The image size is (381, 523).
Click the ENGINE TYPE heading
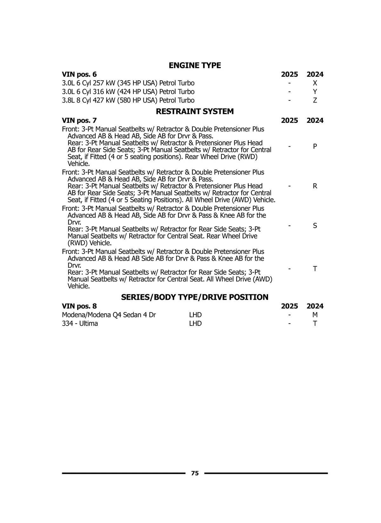(x=195, y=65)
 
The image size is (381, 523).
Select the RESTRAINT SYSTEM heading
(x=195, y=111)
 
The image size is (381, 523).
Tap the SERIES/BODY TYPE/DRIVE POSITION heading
(x=195, y=297)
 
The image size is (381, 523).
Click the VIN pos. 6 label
(x=79, y=74)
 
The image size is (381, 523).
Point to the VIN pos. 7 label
(x=79, y=120)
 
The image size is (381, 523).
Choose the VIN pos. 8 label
(x=79, y=306)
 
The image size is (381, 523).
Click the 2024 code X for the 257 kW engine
(x=315, y=83)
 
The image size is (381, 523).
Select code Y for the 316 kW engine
(x=315, y=92)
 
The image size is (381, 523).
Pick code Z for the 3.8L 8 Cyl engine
(x=315, y=100)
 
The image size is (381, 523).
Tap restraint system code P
(x=315, y=146)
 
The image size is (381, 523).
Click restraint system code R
(x=315, y=186)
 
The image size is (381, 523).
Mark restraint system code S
(x=315, y=226)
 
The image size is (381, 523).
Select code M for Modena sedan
(x=315, y=315)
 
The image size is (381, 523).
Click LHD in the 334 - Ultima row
(x=195, y=324)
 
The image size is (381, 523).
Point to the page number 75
(x=195, y=473)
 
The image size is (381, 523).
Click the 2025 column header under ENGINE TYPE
(x=289, y=74)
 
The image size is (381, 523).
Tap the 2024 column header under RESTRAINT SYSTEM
(x=315, y=120)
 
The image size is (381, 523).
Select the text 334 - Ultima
(x=80, y=324)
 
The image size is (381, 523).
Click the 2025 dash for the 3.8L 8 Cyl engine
(x=289, y=100)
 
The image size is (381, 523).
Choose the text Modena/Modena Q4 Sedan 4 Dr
(x=109, y=315)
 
